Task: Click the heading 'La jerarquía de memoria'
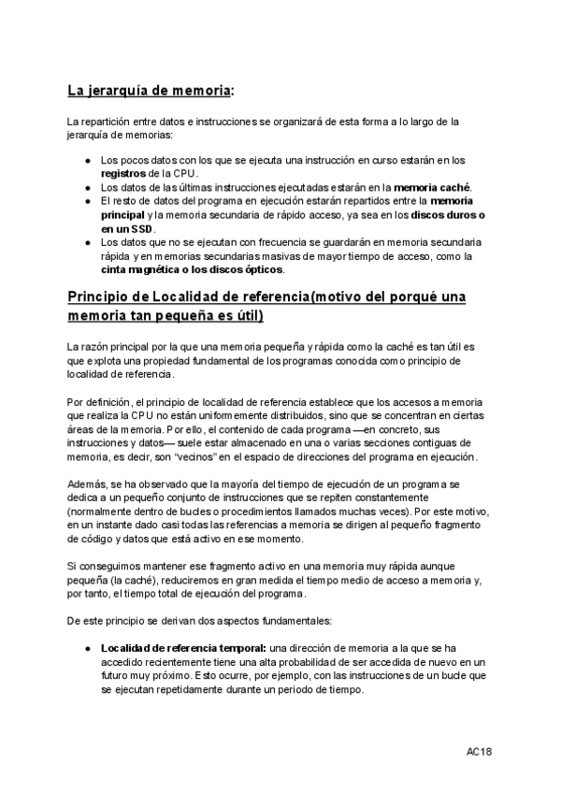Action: [149, 91]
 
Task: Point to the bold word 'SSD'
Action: [141, 228]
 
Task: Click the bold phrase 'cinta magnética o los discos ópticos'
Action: [192, 269]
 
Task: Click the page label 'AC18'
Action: [480, 752]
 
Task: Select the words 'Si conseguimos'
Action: [106, 566]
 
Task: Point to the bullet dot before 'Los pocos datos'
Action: [88, 160]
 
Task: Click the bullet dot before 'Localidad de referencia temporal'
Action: [88, 648]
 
